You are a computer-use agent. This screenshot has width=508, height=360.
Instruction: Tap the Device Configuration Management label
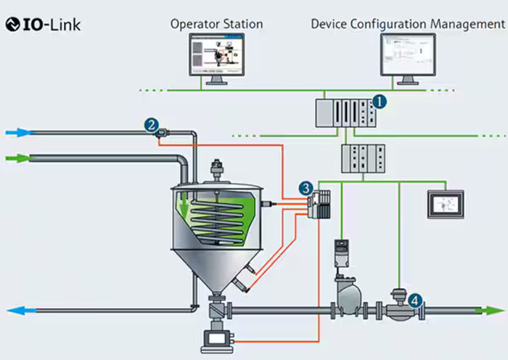tap(407, 24)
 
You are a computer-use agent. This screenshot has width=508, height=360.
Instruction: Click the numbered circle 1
tap(380, 101)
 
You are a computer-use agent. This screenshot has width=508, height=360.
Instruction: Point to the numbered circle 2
tap(151, 124)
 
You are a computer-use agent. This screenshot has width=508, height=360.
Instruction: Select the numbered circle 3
tap(307, 188)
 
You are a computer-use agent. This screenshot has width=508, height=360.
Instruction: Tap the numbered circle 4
tap(414, 298)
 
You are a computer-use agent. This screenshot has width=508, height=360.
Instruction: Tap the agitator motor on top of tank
tap(215, 171)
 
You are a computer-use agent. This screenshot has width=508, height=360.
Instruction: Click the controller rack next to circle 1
tap(343, 113)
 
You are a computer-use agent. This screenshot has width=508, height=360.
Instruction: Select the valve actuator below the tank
tap(216, 339)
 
